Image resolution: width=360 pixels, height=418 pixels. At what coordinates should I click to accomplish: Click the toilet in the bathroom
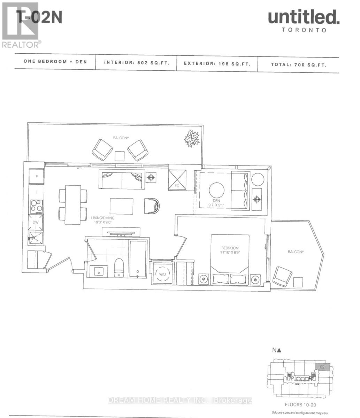coord(119,268)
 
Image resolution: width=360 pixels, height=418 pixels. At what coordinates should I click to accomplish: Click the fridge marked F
coord(36,176)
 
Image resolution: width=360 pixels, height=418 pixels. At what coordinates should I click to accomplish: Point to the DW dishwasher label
coord(36,222)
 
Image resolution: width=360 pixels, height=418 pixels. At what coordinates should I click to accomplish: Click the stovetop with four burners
coord(36,206)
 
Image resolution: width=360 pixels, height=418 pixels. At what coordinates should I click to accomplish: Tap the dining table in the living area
coord(73,205)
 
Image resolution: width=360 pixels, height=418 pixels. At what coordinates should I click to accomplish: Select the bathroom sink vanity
coord(97,271)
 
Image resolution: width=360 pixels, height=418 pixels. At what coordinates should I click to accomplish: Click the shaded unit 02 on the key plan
coord(322,367)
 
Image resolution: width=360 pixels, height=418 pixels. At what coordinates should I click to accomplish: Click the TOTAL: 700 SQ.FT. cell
coord(298,64)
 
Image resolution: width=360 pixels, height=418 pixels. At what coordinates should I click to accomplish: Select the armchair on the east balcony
coord(282,276)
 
